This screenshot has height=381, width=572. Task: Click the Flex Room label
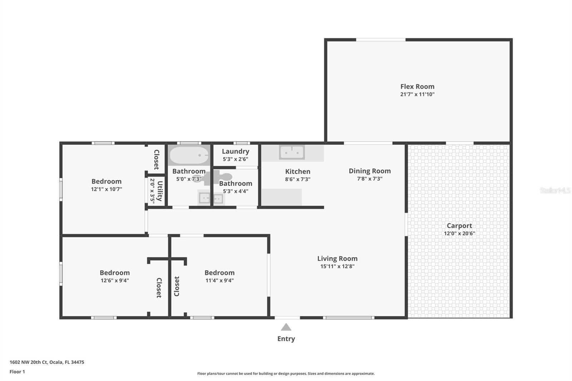coord(417,86)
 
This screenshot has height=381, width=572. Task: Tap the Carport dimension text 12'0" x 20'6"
coord(459,233)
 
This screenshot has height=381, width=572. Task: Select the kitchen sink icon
coord(292,152)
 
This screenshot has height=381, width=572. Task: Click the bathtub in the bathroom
coord(189,155)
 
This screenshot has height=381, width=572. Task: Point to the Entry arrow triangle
coord(286,327)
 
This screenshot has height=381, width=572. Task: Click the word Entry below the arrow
coord(286,338)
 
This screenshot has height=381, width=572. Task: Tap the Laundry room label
coord(235,151)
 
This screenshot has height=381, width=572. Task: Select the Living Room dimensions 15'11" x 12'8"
coord(337,266)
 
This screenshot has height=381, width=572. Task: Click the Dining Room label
coord(370,171)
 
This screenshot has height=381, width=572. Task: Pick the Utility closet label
coord(160,191)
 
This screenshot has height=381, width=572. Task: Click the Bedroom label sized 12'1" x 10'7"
coord(106,181)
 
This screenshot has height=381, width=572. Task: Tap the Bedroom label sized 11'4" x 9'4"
coord(219,273)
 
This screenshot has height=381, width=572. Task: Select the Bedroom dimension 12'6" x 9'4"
coord(114,281)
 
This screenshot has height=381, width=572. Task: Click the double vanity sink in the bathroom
coord(211,198)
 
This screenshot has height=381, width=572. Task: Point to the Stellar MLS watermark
coord(555,190)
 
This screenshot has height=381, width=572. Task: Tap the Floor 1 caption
coord(17,372)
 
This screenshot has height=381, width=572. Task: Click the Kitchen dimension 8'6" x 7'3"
coord(297,179)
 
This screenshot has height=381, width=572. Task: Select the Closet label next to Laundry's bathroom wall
coord(156,159)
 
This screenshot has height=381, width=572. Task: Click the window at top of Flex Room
coord(380,40)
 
